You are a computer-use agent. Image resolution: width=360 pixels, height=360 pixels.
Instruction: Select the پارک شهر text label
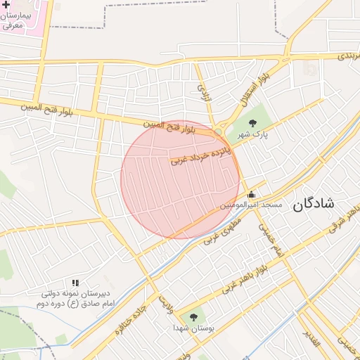click(x=252, y=134)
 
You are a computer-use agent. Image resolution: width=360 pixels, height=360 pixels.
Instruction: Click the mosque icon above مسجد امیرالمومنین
click(x=251, y=195)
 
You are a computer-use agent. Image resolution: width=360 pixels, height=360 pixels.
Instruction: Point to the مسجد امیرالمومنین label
click(x=251, y=205)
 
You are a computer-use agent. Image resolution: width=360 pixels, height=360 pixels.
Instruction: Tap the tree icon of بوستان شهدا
click(x=194, y=317)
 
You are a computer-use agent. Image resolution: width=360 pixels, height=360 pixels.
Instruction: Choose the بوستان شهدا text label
click(x=194, y=328)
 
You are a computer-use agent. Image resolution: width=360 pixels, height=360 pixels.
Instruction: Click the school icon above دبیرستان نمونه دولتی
click(x=75, y=283)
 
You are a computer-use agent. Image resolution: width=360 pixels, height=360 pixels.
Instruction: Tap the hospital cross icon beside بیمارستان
click(x=6, y=4)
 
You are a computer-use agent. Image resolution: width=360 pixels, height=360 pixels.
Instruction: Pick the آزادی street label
click(x=203, y=90)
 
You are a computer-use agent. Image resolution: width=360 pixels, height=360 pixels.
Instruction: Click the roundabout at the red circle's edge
click(x=219, y=132)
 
